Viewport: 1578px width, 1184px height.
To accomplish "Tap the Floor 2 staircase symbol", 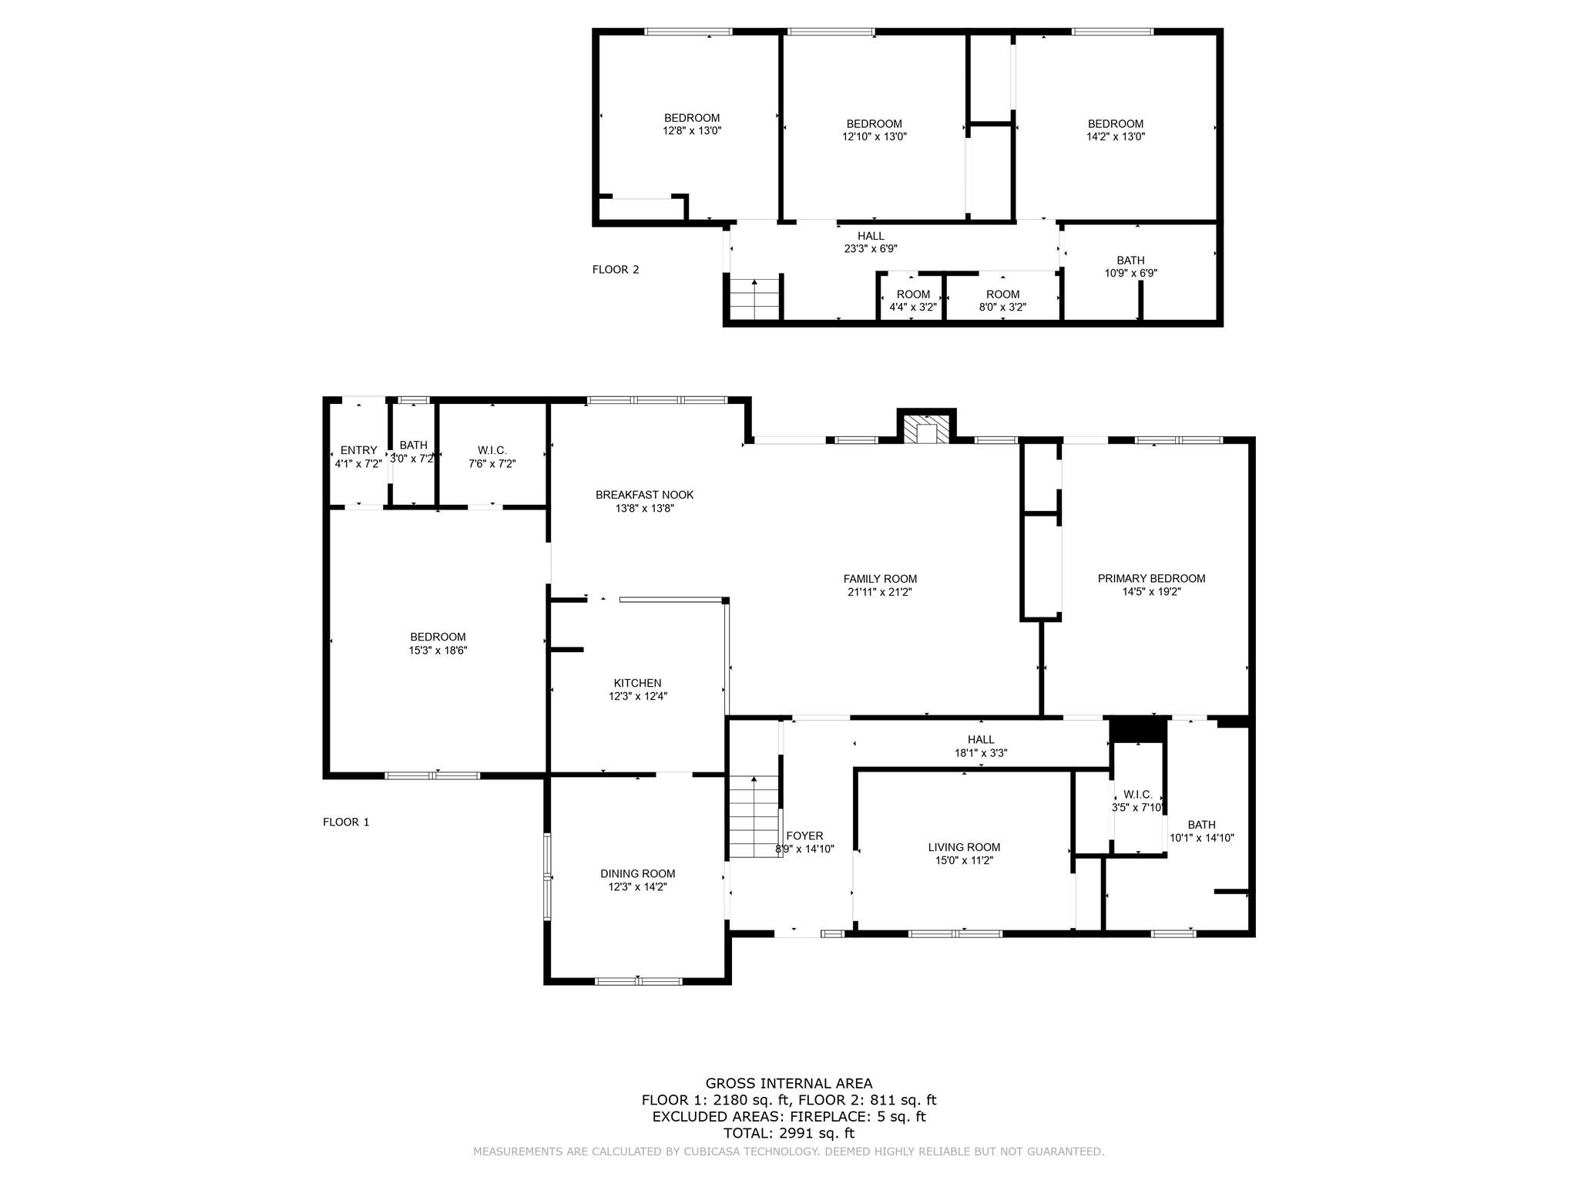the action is pos(755,300).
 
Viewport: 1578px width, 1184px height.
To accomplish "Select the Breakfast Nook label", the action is pos(644,495).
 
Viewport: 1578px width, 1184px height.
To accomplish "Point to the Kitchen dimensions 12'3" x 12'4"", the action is pos(638,696).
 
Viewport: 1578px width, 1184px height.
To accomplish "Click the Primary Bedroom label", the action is pos(1151,578).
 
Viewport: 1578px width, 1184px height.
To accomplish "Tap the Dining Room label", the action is pos(638,873).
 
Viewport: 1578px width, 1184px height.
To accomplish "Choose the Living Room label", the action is pos(964,847).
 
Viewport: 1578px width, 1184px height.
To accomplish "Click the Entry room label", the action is pos(358,450).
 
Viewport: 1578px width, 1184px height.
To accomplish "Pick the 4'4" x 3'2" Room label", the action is pos(913,300).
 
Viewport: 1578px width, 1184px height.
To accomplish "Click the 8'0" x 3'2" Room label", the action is pos(1002,300).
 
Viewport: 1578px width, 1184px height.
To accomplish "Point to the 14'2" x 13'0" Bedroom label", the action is pos(1115,129).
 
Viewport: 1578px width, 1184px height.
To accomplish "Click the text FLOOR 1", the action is pos(346,822).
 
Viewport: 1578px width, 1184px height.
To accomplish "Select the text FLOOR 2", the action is pos(616,269).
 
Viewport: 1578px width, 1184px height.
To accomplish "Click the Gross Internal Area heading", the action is pos(789,1083).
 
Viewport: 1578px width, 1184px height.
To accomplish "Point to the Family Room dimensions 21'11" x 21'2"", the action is pos(880,592).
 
